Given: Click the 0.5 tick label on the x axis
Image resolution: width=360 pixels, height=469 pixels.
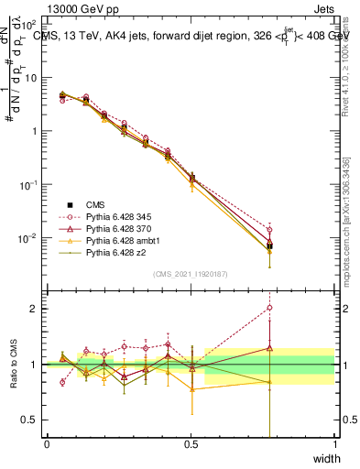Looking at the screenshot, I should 191,444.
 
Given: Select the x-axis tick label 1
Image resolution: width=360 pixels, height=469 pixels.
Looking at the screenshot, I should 334,444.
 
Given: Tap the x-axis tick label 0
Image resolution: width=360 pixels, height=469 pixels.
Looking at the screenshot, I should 47,444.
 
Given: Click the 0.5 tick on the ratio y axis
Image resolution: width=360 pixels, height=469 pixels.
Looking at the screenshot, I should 32,420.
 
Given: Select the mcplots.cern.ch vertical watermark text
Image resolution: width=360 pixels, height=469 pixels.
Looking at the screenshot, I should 346,220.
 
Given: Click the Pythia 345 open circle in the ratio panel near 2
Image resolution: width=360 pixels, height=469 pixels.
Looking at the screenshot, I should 269,308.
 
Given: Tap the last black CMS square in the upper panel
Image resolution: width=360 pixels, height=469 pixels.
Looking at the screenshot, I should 269,245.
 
